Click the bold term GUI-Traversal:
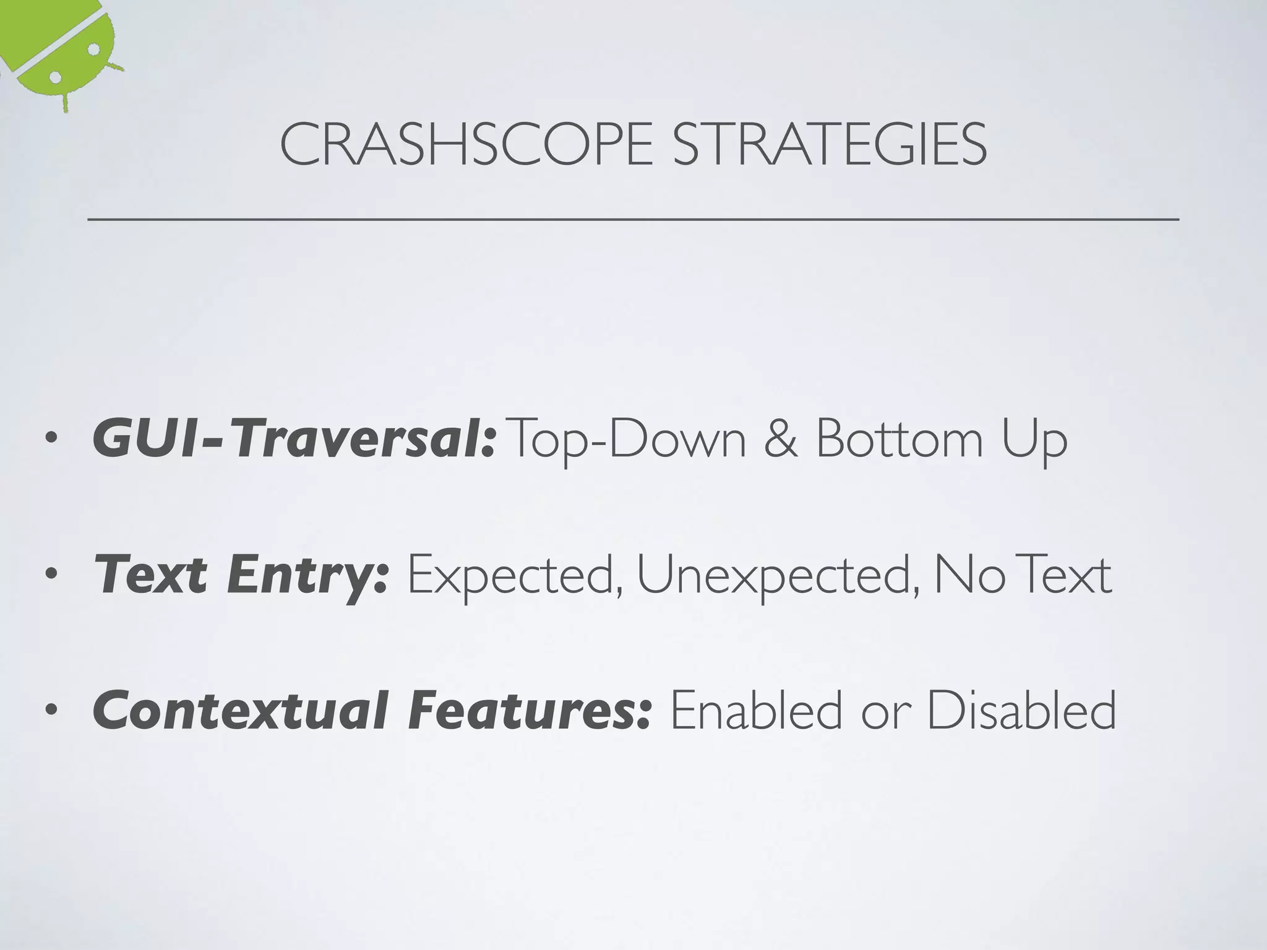click(x=294, y=439)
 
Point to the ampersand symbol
click(x=781, y=439)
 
